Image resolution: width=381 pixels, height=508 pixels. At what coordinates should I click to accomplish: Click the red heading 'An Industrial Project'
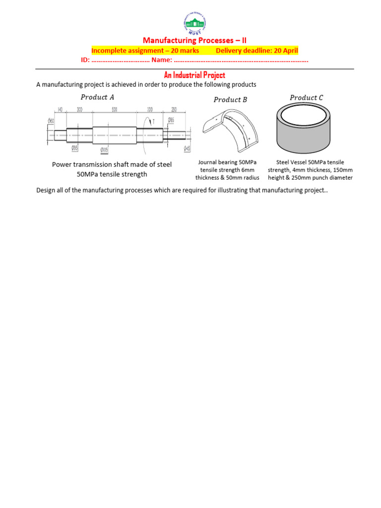pos(194,75)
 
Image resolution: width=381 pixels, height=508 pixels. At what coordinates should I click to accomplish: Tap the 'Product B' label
pos(230,100)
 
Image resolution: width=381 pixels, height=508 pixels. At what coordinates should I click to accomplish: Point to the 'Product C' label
pos(306,98)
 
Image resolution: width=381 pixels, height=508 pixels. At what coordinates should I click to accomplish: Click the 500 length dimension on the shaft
pos(114,110)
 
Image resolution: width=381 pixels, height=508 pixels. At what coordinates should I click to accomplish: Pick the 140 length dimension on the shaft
pos(60,110)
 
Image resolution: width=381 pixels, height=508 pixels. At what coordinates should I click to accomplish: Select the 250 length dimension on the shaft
pos(174,110)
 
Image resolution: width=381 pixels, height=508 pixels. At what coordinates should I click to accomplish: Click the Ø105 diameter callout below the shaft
pos(104,150)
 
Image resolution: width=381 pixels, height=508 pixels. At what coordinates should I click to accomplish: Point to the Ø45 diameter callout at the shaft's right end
pos(187,147)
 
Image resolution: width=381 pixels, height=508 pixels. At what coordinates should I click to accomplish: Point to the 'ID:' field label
pos(85,60)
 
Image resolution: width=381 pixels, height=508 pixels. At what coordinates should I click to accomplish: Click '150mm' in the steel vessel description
pos(342,170)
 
